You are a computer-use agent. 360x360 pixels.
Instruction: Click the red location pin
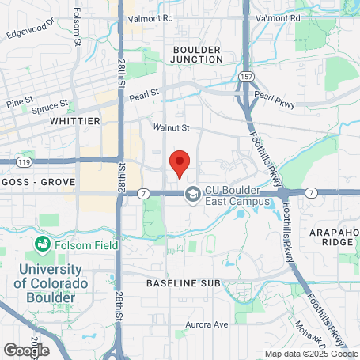tap(180, 163)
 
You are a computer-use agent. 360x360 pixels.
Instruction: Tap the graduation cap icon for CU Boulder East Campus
tap(192, 193)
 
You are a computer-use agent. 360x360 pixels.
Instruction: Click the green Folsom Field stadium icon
tap(44, 245)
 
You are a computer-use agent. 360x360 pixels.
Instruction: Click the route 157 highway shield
tap(246, 76)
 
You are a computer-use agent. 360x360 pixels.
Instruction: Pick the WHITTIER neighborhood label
tap(75, 121)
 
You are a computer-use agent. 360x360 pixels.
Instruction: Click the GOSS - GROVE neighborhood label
tap(38, 182)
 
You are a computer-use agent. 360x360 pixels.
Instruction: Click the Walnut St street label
tap(172, 127)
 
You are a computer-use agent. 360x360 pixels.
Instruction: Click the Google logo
tap(26, 349)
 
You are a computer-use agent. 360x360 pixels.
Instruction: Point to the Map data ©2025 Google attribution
tap(311, 354)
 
